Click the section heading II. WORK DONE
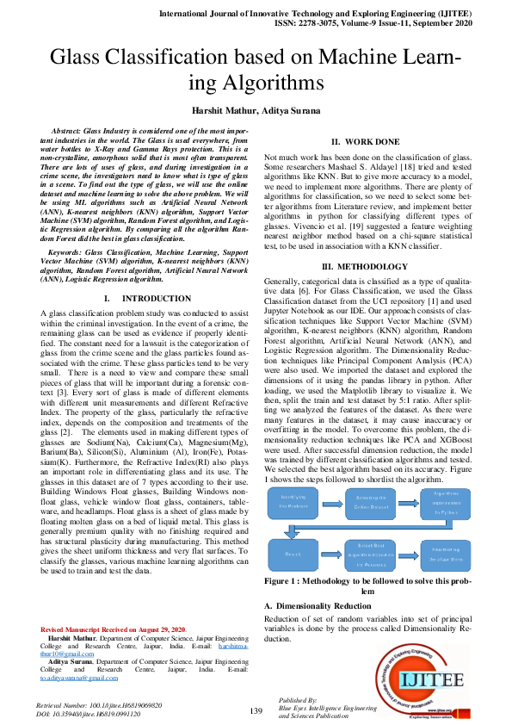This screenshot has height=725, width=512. tap(365, 141)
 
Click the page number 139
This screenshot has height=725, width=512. tap(256, 710)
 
